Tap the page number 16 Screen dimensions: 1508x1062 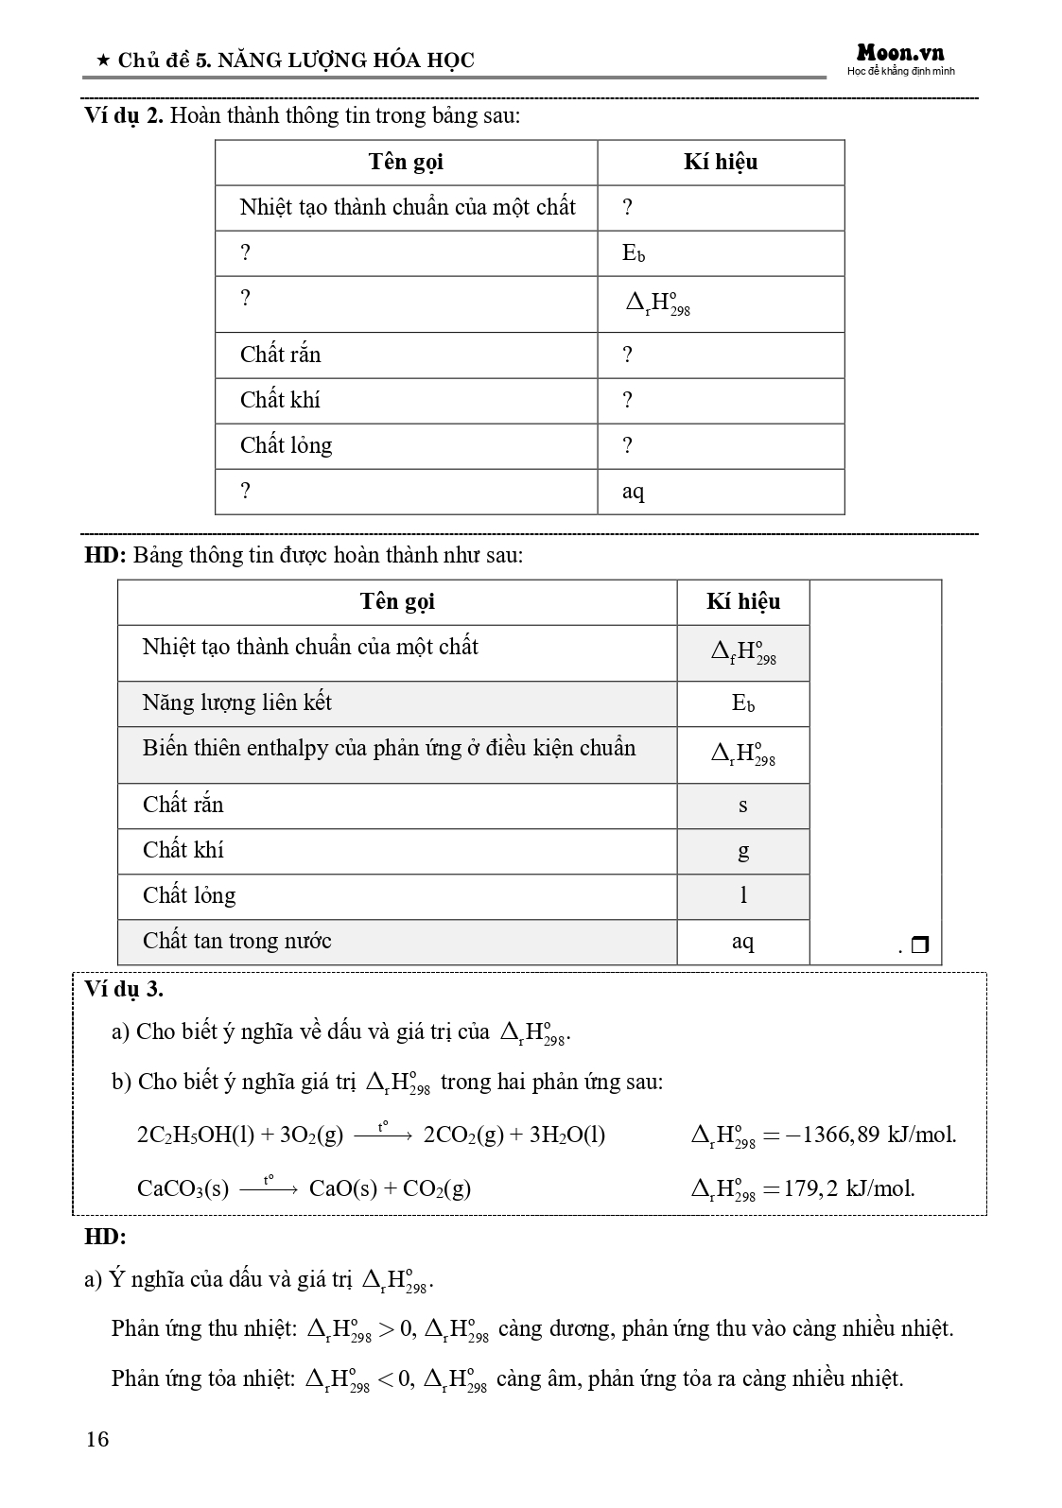(x=97, y=1439)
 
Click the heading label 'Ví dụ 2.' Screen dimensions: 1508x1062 (x=124, y=116)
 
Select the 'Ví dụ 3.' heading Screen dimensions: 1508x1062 (x=124, y=990)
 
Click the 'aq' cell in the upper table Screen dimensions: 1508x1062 (x=633, y=492)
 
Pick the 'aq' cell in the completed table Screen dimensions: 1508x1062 (x=742, y=942)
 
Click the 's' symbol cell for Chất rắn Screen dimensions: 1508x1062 (x=742, y=806)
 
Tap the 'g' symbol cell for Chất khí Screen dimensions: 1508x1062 (x=742, y=851)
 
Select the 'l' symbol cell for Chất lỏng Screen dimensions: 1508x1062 (x=742, y=895)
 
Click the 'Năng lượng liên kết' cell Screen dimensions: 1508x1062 (x=236, y=703)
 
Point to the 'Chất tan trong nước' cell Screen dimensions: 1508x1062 (x=236, y=942)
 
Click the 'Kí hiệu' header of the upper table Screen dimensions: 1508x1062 (x=720, y=163)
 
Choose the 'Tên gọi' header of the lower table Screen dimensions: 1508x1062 (x=396, y=602)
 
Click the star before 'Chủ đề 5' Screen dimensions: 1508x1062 (x=102, y=61)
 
